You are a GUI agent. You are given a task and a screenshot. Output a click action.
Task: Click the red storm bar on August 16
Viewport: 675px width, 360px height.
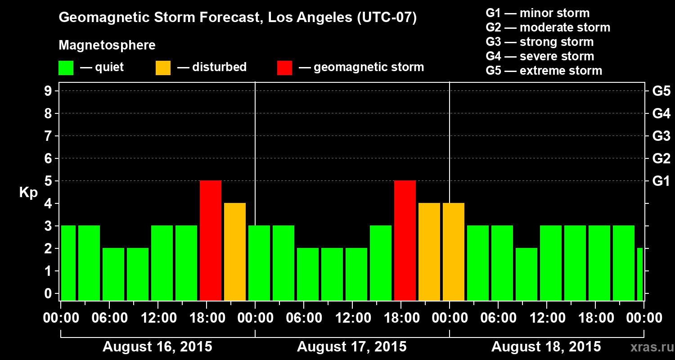(211, 240)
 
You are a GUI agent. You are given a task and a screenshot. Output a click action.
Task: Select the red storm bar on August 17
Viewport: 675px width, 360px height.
(405, 240)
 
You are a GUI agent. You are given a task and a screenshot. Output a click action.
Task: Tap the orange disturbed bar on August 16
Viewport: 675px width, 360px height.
(235, 252)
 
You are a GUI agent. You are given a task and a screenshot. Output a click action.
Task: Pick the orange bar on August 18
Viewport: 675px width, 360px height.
(454, 252)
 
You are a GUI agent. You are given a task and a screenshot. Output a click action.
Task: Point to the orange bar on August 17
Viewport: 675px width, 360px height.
(429, 252)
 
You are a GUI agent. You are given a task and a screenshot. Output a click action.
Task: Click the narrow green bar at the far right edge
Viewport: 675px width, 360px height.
(640, 274)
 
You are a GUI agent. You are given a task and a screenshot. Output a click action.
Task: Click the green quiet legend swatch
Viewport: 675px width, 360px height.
(66, 68)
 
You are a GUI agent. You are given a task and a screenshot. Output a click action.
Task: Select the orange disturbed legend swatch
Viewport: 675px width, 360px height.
(163, 68)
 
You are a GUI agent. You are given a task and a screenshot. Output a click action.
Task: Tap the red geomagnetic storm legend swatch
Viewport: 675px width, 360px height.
(284, 68)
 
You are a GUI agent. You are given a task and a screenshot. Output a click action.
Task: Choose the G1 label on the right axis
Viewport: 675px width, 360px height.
(661, 181)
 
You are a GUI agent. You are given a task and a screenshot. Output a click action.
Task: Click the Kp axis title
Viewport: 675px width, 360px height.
(28, 193)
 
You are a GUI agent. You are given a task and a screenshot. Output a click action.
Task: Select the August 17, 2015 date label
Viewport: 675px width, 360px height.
(352, 347)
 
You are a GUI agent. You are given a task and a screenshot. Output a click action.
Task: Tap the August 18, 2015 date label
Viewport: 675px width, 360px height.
(546, 347)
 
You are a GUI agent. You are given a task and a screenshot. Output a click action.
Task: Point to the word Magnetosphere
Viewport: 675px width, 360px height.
(107, 45)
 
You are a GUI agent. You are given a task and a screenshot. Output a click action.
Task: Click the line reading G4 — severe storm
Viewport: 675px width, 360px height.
(540, 56)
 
